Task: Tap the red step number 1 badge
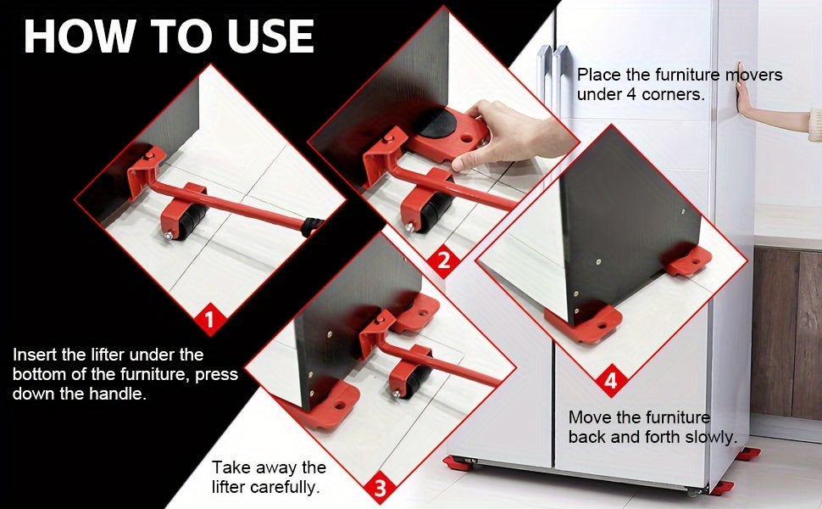[211, 320]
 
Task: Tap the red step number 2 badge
[443, 260]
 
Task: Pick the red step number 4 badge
[610, 381]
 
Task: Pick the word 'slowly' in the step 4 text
[708, 437]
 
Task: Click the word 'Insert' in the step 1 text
[36, 354]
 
